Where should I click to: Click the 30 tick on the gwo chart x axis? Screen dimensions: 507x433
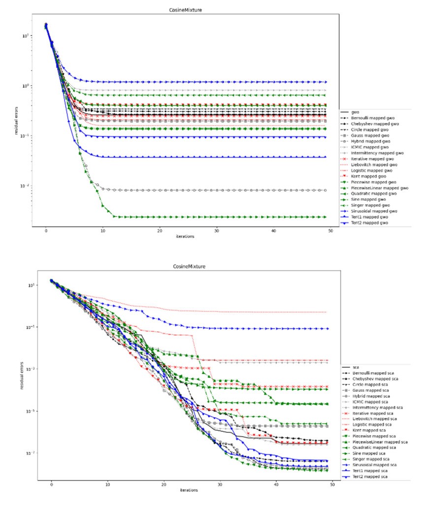(216, 230)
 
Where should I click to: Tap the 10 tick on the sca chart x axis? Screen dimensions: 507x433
(107, 485)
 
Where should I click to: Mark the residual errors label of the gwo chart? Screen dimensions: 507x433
(18, 118)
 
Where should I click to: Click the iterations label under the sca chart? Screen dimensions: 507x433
(192, 490)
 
